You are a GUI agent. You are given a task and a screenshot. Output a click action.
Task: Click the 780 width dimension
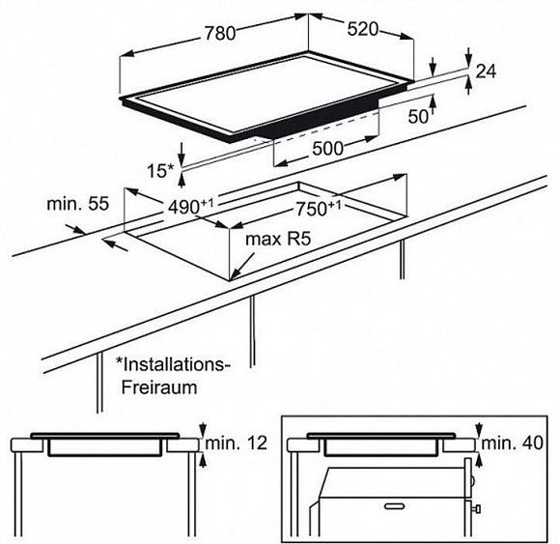[220, 33]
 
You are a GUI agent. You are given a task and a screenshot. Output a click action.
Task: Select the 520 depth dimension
[362, 29]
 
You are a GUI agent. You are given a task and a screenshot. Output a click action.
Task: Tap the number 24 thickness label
[486, 72]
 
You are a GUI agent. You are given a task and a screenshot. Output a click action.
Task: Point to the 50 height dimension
[418, 117]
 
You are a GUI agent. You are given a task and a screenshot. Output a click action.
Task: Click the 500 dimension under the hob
[327, 149]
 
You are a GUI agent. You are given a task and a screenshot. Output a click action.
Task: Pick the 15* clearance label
[160, 171]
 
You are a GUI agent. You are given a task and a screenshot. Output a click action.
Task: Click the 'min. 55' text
[77, 204]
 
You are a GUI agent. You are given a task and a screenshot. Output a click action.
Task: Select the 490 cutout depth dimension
[190, 207]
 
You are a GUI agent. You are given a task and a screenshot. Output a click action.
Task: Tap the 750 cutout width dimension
[319, 209]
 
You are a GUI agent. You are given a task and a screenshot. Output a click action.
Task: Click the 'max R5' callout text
[278, 239]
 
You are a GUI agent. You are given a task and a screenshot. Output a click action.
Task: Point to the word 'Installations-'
[173, 364]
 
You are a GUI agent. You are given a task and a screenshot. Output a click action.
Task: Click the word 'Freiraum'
[159, 387]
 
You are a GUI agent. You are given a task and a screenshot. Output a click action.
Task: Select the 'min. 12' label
[237, 444]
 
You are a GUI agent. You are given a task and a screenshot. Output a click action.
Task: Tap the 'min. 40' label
[512, 444]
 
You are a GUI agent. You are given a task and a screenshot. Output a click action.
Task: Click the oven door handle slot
[395, 506]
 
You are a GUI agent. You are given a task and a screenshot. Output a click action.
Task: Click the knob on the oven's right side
[476, 508]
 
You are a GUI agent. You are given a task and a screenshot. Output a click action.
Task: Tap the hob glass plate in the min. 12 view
[105, 436]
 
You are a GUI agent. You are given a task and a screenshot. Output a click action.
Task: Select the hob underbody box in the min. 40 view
[381, 447]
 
